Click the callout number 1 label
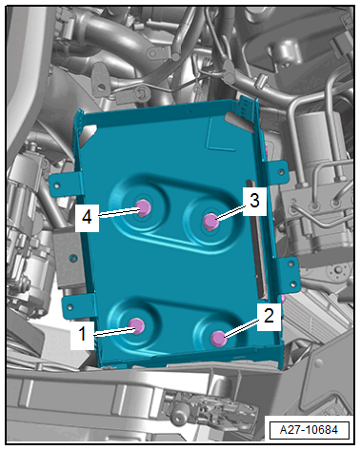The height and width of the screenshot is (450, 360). pyautogui.click(x=82, y=334)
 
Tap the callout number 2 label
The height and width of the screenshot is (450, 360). pyautogui.click(x=269, y=316)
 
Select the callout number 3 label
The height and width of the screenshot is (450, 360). pyautogui.click(x=254, y=201)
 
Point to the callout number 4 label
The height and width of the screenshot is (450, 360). pyautogui.click(x=87, y=218)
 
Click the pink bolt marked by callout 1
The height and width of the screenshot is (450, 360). pyautogui.click(x=137, y=325)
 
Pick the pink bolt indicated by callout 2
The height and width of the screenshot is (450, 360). pyautogui.click(x=219, y=339)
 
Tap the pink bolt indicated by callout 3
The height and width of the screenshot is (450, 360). pyautogui.click(x=210, y=221)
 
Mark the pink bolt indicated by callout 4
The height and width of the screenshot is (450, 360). pyautogui.click(x=143, y=207)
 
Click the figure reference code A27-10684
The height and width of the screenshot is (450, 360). pyautogui.click(x=309, y=430)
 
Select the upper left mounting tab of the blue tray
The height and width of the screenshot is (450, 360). pyautogui.click(x=64, y=185)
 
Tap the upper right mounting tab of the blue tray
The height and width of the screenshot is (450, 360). pyautogui.click(x=277, y=172)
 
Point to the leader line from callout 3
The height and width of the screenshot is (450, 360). pyautogui.click(x=230, y=212)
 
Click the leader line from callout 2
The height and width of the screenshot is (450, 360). pyautogui.click(x=241, y=328)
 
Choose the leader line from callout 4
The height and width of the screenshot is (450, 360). pyautogui.click(x=119, y=212)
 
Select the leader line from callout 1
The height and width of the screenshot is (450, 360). pyautogui.click(x=115, y=331)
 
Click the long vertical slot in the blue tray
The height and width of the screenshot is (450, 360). pyautogui.click(x=254, y=239)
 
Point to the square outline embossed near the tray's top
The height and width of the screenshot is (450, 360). pyautogui.click(x=222, y=135)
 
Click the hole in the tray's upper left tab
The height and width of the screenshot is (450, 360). pyautogui.click(x=57, y=186)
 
